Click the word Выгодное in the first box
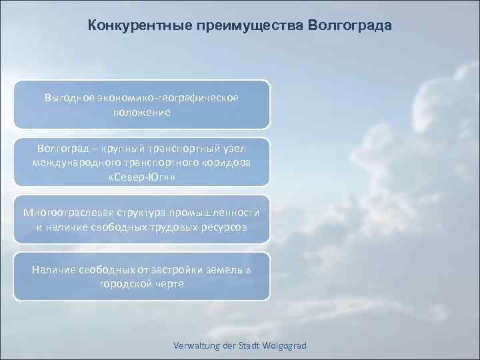68,97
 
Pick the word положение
141,113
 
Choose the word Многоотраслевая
64,213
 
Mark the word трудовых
171,227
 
